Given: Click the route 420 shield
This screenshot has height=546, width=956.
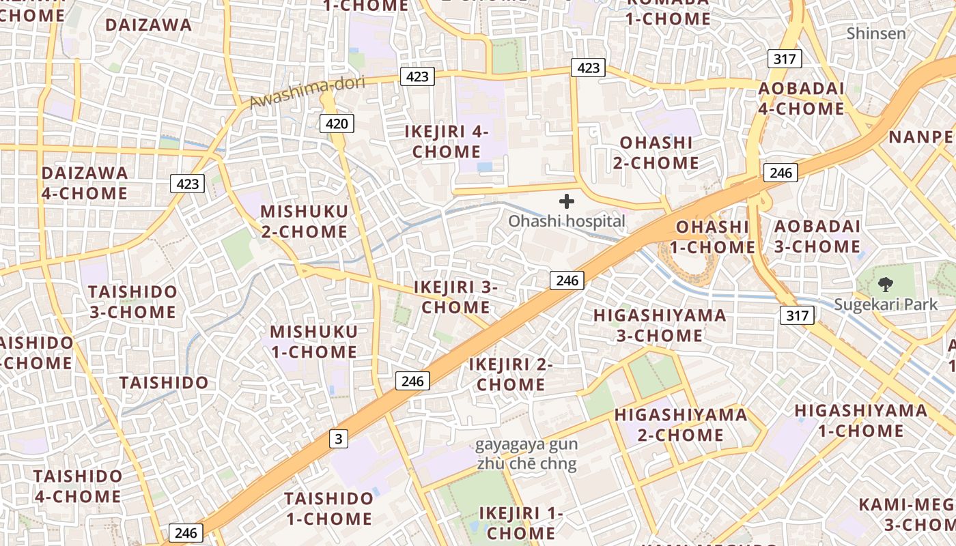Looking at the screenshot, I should pos(337,124).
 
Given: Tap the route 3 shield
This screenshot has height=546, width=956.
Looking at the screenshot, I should pos(339,439).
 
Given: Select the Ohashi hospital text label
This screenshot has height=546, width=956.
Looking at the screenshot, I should pos(567,221).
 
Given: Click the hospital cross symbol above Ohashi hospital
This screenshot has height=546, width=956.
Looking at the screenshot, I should pos(567,201).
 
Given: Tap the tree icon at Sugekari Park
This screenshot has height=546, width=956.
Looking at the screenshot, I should pos(886,284).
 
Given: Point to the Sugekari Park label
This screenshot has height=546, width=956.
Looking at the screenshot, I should pos(886,304).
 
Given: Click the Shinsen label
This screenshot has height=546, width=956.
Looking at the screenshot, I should pos(876,33).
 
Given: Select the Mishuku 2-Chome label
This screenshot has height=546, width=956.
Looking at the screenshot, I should pos(304,221).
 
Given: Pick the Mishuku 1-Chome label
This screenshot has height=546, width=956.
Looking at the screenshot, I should pos(313,342).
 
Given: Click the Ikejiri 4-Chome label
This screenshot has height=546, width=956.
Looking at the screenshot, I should pos(447,141).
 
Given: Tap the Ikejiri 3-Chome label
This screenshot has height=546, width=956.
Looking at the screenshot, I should pos(455,297).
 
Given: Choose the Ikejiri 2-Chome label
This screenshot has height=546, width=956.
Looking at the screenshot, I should pos(511,374).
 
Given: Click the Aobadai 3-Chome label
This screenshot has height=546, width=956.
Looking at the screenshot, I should pos(817,236).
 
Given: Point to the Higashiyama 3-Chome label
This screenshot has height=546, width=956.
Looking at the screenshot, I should pos(660,325).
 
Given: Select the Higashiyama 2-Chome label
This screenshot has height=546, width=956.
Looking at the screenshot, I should pos(681,425).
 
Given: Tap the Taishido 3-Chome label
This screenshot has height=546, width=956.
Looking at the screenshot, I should pos(132,302).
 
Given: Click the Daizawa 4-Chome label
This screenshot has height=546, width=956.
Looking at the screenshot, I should pos(85,183).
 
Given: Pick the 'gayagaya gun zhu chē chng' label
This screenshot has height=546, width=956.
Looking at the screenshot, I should pos(526,455).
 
